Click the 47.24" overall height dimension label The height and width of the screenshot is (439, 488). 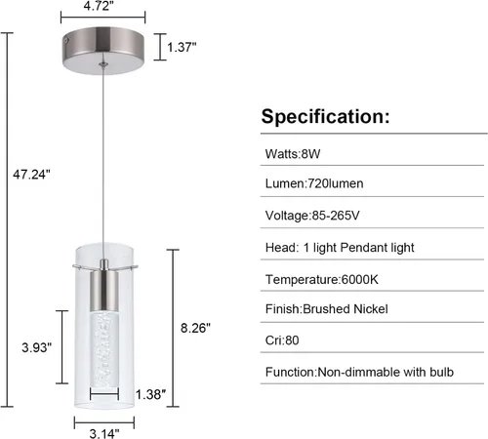point(31,175)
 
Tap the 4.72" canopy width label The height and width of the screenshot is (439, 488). point(99,6)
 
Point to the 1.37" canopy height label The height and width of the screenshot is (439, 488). point(182,47)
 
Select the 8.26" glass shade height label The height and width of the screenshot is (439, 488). point(195,328)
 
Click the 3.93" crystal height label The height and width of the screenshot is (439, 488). point(37,347)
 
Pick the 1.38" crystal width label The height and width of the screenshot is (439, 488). point(150,394)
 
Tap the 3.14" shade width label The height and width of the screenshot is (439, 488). point(104,433)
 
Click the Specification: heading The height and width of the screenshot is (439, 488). point(325,116)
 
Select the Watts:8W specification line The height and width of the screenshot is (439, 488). point(293,153)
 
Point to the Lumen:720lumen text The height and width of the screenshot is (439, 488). point(314,183)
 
